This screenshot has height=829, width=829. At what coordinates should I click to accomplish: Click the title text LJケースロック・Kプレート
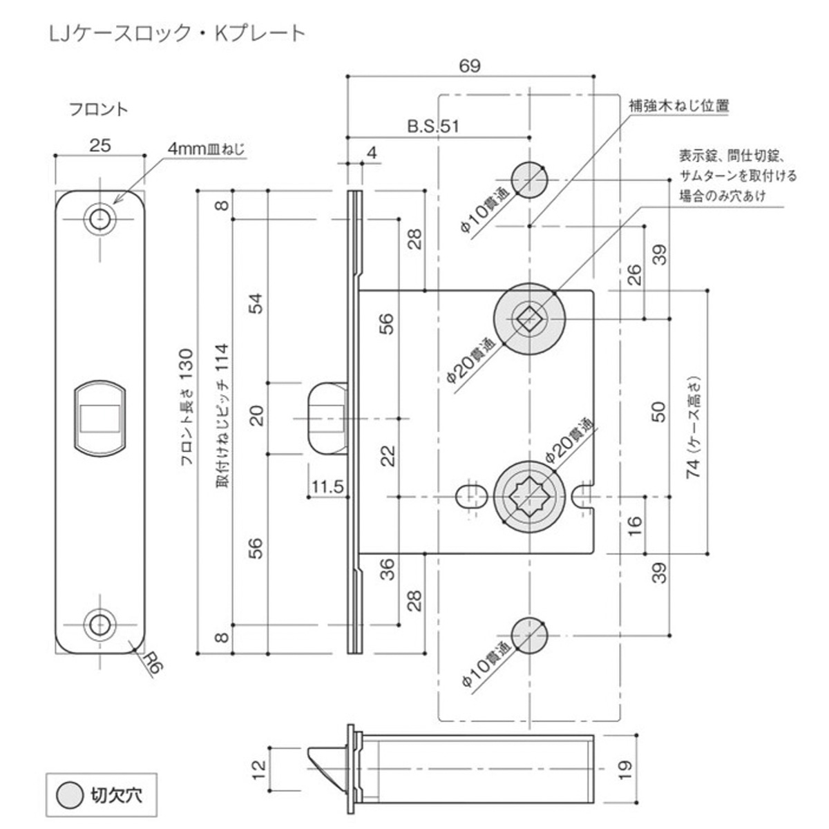176,32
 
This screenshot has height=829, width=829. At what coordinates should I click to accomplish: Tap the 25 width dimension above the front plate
99,146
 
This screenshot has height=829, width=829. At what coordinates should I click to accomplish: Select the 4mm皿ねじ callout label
205,149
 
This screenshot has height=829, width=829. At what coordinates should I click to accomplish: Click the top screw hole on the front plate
100,218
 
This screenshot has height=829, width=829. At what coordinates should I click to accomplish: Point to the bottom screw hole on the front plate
100,625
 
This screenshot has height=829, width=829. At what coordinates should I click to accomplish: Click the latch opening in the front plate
100,417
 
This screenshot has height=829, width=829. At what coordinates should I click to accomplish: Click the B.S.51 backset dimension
432,126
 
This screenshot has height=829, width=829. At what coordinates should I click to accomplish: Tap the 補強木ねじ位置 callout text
678,106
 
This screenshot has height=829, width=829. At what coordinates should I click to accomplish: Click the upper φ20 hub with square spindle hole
529,318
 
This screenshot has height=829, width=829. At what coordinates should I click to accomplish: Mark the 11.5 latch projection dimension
327,486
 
